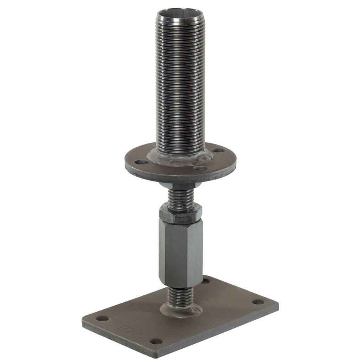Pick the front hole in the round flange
pos(201,168)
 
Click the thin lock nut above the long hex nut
pos(180,212)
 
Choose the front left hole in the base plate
pos(102,319)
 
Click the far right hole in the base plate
pos(258,302)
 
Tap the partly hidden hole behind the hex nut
pos(206,281)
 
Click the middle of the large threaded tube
pos(180,84)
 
